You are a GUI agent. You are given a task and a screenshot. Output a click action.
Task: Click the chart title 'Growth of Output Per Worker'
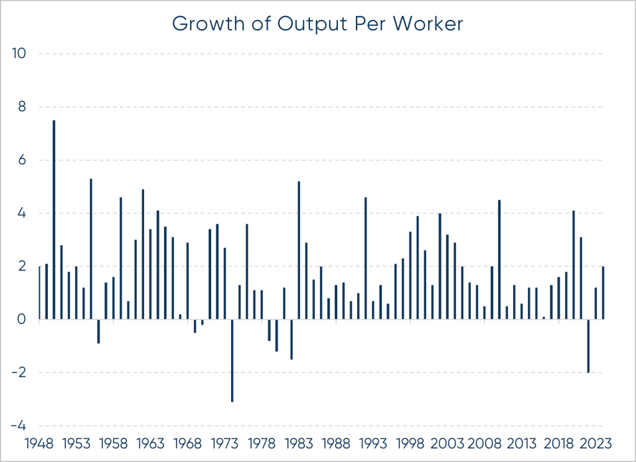[318, 23]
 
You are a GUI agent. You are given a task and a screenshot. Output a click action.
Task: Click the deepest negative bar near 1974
[232, 361]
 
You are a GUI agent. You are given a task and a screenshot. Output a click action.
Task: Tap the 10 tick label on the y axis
[19, 53]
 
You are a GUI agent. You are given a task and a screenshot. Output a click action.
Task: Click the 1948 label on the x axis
[39, 445]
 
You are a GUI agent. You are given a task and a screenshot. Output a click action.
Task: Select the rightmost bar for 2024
[603, 293]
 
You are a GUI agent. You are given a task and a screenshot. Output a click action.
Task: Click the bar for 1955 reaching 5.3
[91, 249]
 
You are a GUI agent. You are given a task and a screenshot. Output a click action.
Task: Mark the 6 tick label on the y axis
[23, 160]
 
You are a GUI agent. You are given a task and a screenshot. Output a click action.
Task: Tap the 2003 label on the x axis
[447, 445]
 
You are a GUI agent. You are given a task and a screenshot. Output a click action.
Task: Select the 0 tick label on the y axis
[23, 320]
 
